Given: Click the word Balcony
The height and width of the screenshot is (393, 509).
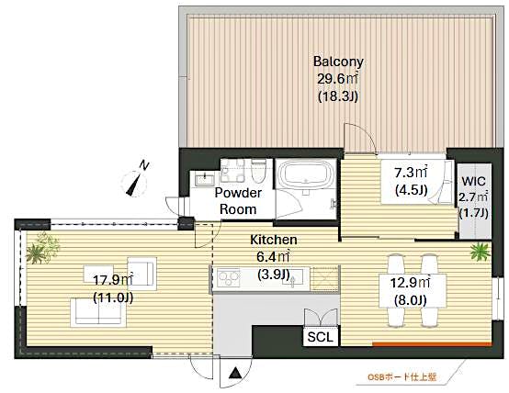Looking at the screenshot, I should tap(337, 62).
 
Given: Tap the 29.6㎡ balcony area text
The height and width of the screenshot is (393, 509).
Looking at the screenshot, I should tap(337, 78).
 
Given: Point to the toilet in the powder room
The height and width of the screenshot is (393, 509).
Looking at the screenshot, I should tap(258, 172).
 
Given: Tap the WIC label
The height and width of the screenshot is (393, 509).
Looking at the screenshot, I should tap(473, 180).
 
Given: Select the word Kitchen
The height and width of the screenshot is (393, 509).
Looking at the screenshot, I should tap(272, 241).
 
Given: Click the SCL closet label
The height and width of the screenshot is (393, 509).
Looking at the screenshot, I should tap(322, 336).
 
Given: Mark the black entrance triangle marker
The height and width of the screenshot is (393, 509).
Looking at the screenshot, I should tap(236, 375).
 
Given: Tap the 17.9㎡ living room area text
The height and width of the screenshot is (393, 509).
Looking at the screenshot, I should tap(112, 278).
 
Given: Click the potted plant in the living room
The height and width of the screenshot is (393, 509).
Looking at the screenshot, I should tap(42, 246).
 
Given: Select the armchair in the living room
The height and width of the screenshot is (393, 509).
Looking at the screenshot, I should tap(144, 273).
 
